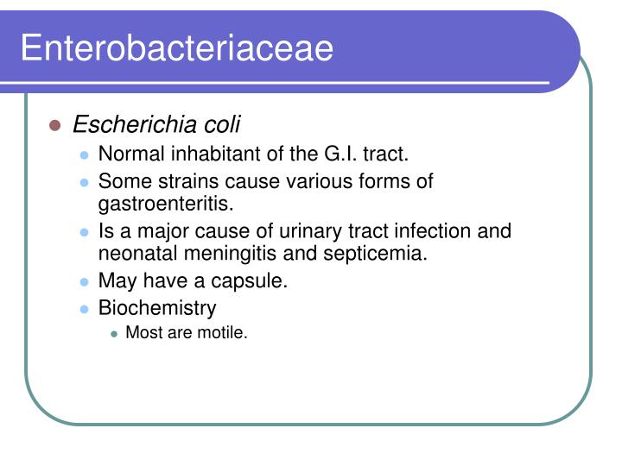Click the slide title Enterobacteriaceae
(176, 47)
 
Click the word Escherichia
(134, 125)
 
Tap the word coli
(221, 125)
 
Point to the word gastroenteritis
(166, 205)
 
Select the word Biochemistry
(157, 308)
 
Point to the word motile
(225, 333)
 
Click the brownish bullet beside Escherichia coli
(55, 126)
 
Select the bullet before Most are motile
(114, 334)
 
